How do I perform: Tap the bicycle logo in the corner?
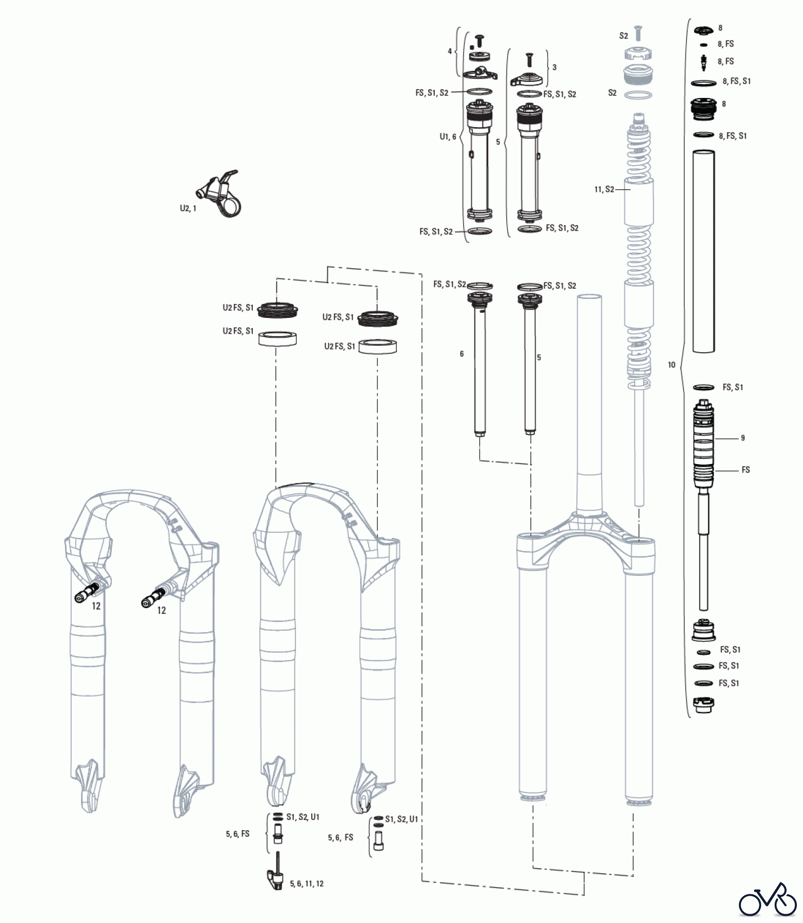(768, 899)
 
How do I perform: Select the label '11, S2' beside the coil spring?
(604, 190)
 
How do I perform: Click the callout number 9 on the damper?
(742, 438)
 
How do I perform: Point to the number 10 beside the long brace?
(671, 365)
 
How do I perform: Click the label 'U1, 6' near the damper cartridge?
(448, 137)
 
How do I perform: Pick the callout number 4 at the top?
(450, 51)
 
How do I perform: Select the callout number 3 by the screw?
(554, 67)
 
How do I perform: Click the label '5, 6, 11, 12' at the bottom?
(307, 884)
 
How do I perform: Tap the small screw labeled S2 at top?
(638, 33)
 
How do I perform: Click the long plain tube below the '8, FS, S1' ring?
(704, 251)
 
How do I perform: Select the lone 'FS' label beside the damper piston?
(746, 470)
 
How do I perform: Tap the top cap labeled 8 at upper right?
(703, 30)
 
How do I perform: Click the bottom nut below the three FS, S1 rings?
(702, 705)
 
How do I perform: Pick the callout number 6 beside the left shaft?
(461, 354)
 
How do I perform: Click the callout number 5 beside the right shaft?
(539, 357)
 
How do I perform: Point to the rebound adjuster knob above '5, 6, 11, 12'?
(275, 877)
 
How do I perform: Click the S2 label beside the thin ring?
(612, 93)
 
